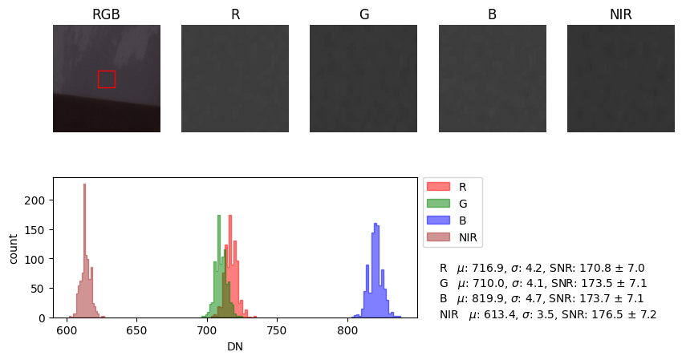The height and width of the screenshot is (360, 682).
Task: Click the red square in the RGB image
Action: (x=106, y=79)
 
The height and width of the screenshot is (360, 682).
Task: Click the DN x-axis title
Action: (x=235, y=346)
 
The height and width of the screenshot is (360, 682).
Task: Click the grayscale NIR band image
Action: (x=620, y=79)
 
